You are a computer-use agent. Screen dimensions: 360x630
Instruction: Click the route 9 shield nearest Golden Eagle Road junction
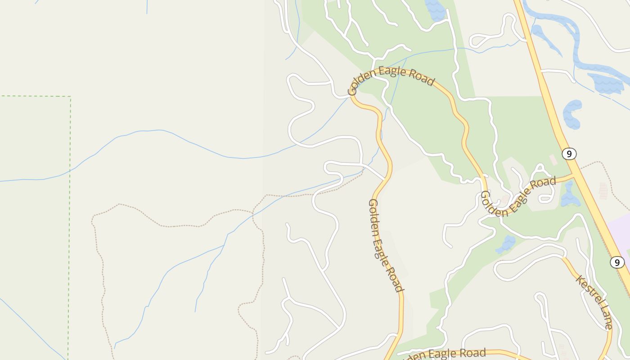point(569,154)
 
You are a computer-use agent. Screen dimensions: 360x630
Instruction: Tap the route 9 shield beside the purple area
point(617,262)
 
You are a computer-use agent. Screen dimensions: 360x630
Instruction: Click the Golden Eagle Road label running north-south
point(385,245)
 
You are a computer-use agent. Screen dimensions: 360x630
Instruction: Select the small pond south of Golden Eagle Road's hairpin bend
point(506,244)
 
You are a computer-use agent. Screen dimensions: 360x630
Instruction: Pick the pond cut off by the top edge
point(435,9)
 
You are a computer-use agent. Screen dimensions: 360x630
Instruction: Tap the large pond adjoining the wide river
point(605,83)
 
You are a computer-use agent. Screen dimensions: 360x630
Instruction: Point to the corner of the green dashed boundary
point(70,96)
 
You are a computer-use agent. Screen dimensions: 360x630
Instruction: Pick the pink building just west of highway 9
point(553,160)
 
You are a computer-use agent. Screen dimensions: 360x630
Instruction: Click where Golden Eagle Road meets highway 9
point(574,175)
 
